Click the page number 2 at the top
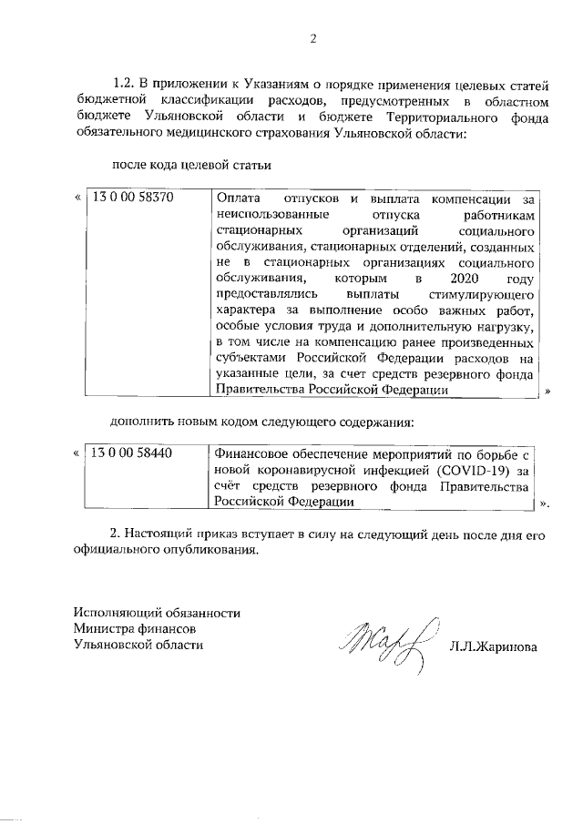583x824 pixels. (312, 38)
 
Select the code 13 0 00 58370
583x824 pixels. (132, 197)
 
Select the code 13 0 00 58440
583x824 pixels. (132, 453)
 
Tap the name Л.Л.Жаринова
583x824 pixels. (492, 647)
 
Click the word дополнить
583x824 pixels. (141, 422)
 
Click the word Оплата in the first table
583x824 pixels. (237, 197)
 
